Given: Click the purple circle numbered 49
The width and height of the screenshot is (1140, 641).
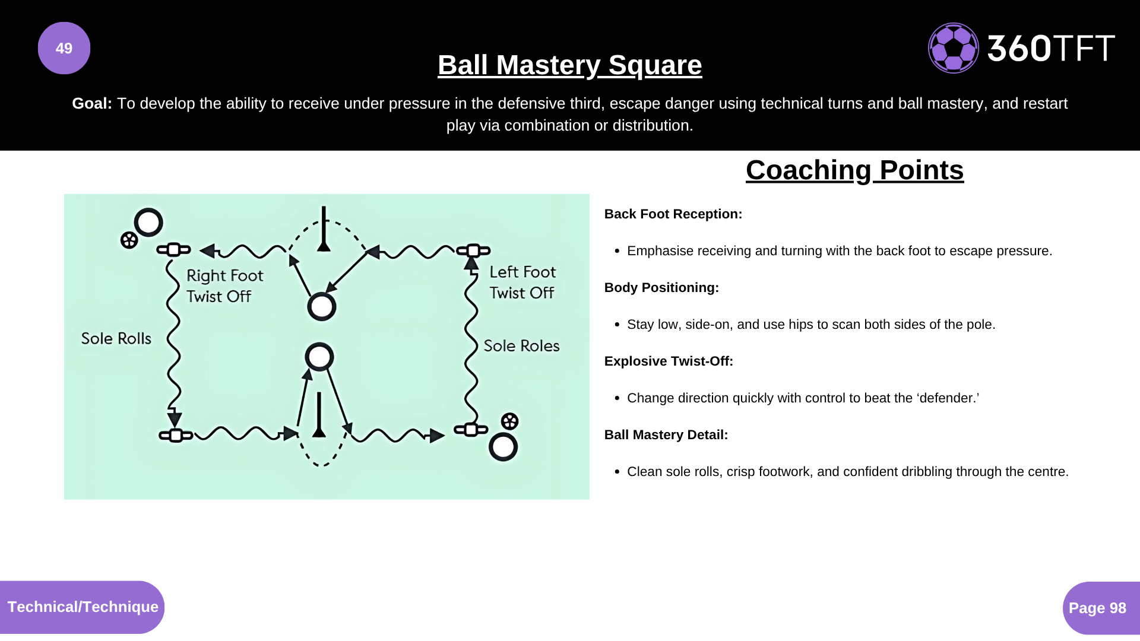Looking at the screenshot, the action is click(64, 48).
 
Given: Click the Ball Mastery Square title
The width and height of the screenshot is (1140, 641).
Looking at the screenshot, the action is click(570, 65).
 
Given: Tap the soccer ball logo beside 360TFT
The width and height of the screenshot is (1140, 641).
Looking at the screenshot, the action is click(954, 48).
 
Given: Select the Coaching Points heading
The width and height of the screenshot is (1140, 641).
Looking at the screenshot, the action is click(854, 170).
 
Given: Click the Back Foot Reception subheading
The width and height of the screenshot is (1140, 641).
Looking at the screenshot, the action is click(673, 214).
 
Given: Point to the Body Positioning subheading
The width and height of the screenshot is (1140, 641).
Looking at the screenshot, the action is click(661, 288).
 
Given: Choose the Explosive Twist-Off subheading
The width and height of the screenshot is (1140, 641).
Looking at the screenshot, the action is click(669, 361).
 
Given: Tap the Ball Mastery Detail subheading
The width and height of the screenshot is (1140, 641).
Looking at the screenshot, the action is click(666, 435).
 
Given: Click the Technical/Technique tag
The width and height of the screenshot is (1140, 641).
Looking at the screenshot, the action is click(82, 607).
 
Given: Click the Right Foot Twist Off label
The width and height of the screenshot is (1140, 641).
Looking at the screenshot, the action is click(224, 286).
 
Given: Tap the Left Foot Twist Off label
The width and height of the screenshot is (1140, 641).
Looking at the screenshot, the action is click(522, 283).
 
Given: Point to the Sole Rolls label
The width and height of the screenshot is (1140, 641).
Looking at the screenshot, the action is click(116, 338).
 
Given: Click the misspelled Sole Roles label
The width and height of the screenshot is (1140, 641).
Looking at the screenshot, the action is click(521, 345).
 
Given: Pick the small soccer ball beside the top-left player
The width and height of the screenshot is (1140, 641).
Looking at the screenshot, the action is click(129, 240).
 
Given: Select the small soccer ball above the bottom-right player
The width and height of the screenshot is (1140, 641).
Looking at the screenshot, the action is click(509, 421).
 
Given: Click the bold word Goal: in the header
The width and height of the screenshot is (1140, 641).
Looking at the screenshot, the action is click(92, 103).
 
